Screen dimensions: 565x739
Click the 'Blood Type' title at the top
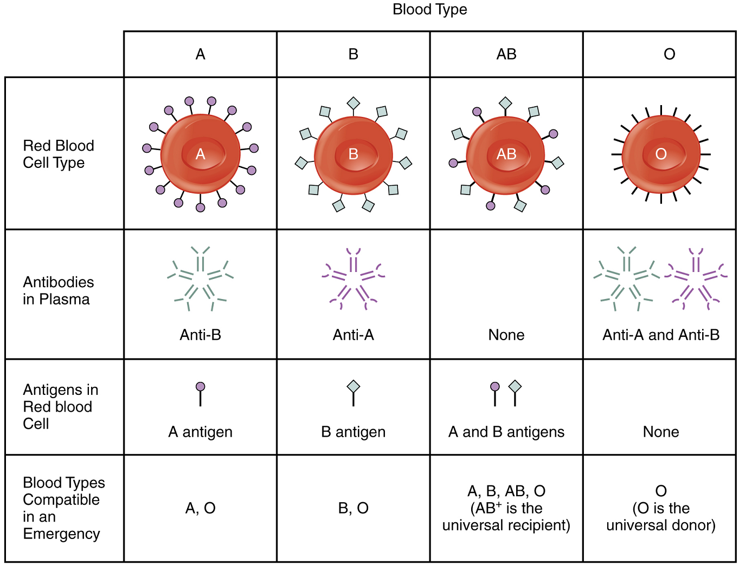coord(429,9)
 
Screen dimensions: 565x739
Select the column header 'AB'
coord(506,54)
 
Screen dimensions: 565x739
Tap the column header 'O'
coord(669,54)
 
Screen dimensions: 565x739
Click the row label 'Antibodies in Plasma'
coord(58,290)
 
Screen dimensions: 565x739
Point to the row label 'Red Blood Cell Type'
coord(58,154)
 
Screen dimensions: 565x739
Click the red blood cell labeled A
coord(201,154)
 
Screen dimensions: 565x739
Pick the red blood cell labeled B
coord(354,155)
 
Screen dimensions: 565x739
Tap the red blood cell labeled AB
coord(506,155)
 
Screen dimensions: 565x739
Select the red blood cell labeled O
coord(661,154)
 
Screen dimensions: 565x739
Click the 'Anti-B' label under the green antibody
coord(200,335)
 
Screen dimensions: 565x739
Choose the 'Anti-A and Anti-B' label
coord(661,335)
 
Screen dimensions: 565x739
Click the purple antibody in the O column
coord(696,279)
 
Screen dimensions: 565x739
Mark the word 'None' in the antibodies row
coord(506,335)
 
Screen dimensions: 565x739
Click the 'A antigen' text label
coord(200,432)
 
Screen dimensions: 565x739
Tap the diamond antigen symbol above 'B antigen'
coord(354,387)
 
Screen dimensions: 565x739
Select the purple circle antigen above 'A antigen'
coord(201,387)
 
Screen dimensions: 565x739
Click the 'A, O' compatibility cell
coord(200,508)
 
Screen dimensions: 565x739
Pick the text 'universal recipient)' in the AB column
coord(506,525)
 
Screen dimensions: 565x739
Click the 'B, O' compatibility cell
coord(354,508)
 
